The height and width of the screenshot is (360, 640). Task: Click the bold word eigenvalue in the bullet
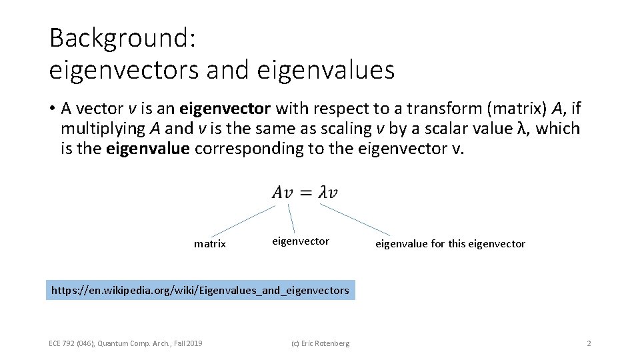(148, 148)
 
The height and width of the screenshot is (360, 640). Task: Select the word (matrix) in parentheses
(511, 108)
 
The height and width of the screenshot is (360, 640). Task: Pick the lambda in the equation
(323, 193)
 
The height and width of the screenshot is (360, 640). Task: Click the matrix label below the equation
(209, 244)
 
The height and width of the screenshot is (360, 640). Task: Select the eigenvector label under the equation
(301, 241)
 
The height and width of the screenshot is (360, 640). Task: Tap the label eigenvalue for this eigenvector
(450, 244)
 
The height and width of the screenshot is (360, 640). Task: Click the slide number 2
(589, 343)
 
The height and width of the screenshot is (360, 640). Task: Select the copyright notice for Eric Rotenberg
(321, 343)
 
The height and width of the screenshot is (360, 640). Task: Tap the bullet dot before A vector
(52, 109)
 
